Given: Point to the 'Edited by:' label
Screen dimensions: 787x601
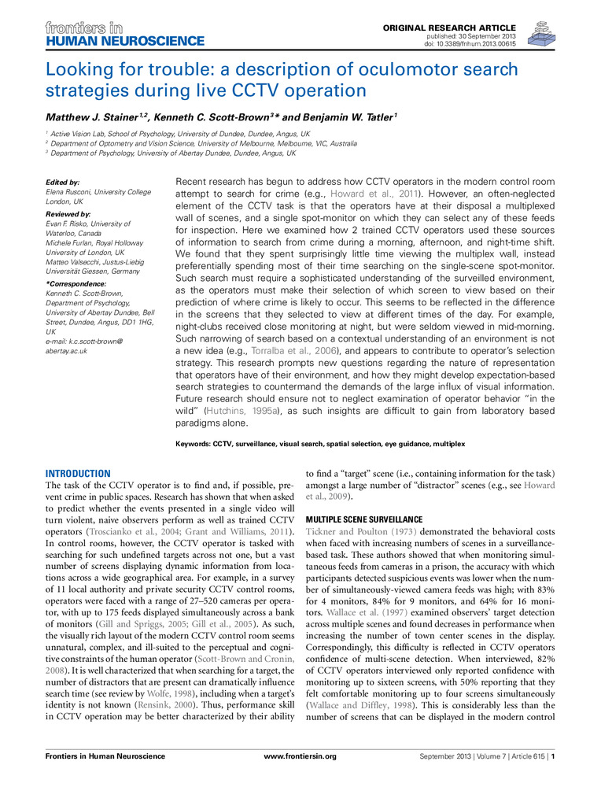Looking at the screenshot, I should pos(64,182).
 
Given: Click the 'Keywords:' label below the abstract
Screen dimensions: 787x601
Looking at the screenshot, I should pos(193,445).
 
